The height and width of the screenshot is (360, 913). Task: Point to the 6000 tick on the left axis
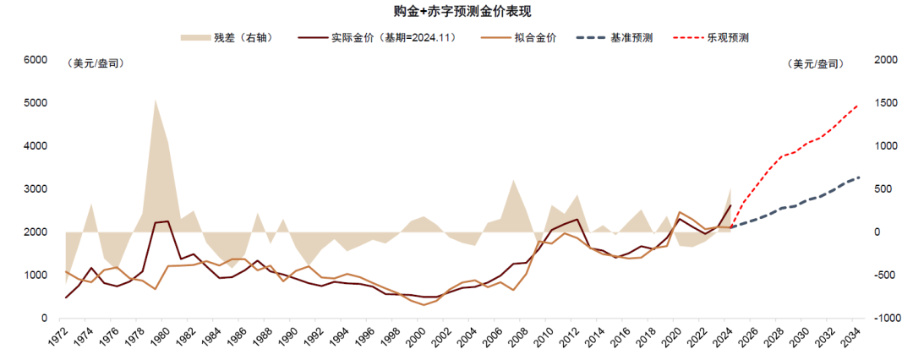(36, 60)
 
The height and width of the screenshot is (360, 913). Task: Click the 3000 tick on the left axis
(36, 189)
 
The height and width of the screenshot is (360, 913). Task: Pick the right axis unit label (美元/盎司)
(813, 63)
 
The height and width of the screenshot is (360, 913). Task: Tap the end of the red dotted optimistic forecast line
(858, 105)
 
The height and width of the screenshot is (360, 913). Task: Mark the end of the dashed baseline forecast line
(859, 177)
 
